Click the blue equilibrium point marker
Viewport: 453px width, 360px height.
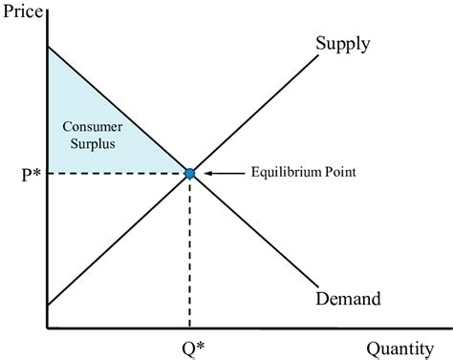tap(189, 173)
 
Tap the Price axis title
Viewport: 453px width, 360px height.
tap(24, 11)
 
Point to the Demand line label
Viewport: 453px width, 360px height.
tap(347, 299)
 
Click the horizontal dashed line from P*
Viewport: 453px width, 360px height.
tap(115, 173)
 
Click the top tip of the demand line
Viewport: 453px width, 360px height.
tap(46, 46)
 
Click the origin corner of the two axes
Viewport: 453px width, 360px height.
tap(46, 328)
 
